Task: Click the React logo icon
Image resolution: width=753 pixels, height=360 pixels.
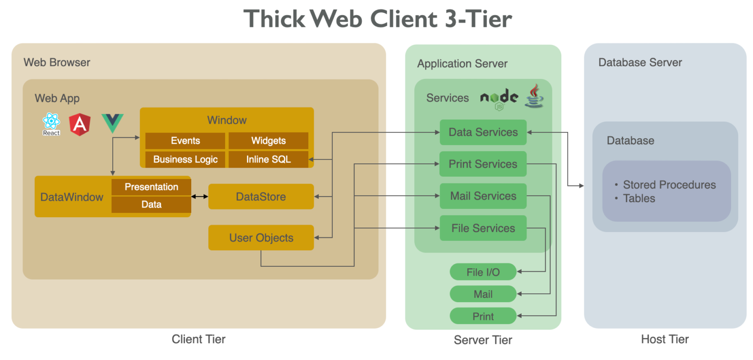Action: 51,124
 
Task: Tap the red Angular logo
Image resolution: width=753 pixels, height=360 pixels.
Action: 79,124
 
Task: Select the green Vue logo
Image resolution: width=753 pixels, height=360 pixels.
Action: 112,123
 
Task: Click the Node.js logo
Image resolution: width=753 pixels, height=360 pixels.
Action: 499,98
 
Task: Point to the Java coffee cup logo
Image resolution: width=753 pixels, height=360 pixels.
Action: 534,96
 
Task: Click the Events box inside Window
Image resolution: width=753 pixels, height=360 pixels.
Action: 185,141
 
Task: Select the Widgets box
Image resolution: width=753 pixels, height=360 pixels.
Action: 268,141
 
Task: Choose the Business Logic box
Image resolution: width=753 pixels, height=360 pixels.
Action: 185,159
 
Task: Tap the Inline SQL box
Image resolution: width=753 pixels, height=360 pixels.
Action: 268,159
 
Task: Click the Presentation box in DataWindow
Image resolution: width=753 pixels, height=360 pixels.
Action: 151,187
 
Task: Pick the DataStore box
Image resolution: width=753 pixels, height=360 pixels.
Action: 261,197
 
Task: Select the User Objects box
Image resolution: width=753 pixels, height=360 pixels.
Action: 261,238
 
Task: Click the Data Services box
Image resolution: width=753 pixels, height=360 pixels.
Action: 483,132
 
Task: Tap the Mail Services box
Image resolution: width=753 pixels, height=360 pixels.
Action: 483,196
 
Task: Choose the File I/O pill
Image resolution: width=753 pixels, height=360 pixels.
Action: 483,272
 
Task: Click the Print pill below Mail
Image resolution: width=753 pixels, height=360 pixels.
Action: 483,316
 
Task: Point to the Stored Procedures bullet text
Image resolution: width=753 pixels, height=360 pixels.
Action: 669,185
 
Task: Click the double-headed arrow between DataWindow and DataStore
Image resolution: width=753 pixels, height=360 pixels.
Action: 200,197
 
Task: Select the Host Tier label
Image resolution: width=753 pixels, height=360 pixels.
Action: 665,339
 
